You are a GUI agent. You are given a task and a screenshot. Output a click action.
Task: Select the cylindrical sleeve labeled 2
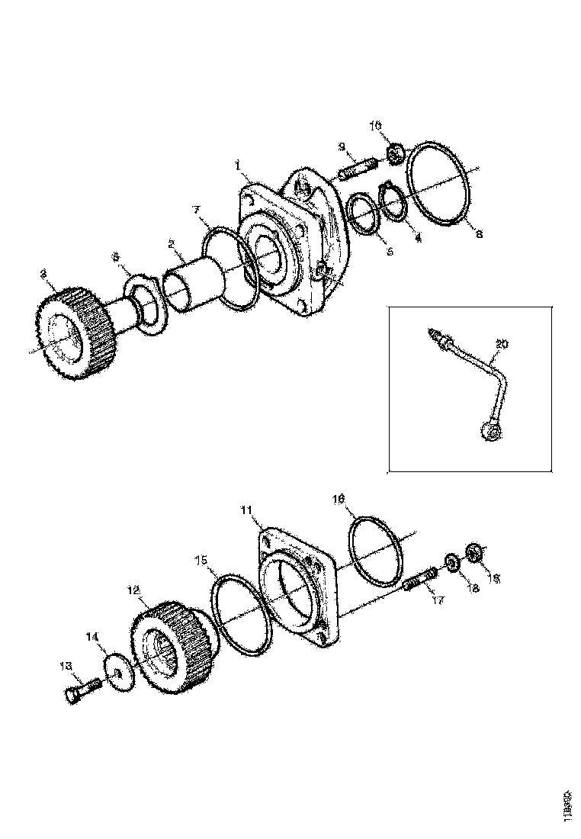[x=191, y=283]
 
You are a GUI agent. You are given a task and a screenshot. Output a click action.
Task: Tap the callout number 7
[x=196, y=209]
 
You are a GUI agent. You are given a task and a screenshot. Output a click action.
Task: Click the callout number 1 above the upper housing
[x=238, y=164]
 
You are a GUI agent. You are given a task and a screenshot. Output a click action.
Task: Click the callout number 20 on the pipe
[x=502, y=345]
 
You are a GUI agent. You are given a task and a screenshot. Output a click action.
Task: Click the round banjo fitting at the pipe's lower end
[x=492, y=432]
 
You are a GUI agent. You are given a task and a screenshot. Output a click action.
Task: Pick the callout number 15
[x=201, y=561]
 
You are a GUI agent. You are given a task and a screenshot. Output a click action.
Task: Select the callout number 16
[x=340, y=499]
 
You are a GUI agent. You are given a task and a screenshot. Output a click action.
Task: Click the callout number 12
[x=133, y=589]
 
